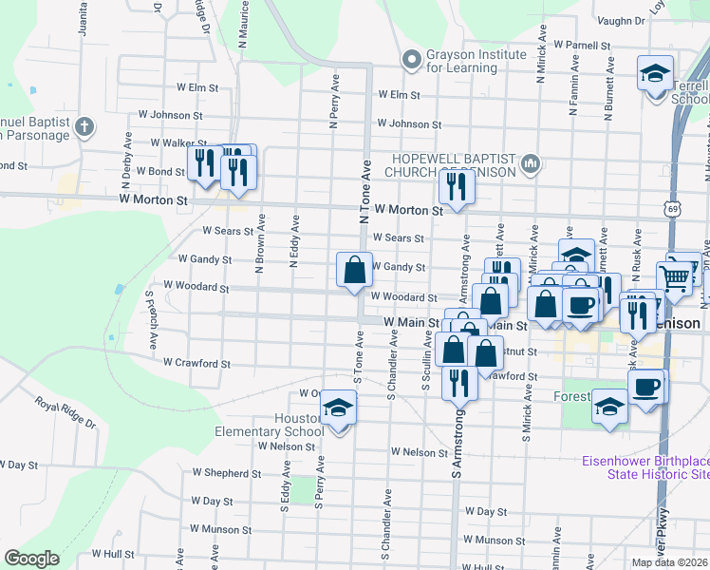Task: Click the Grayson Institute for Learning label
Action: (476, 61)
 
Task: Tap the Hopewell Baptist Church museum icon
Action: (531, 164)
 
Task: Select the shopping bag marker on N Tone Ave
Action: (354, 270)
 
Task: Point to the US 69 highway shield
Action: (673, 205)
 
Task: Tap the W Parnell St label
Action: (581, 45)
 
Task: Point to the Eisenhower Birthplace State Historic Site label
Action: (645, 467)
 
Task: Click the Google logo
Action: (31, 559)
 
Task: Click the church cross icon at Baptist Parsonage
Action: (84, 126)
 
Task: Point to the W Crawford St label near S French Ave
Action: (196, 363)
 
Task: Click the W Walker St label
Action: (151, 142)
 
